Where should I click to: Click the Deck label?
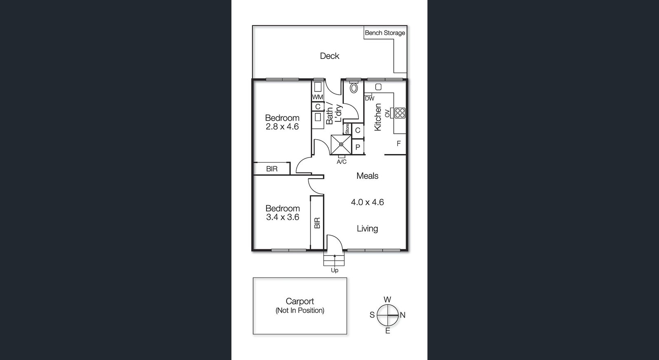pos(329,56)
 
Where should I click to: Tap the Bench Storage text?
pos(385,33)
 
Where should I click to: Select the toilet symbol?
pos(354,88)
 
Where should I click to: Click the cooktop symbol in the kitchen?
pos(400,113)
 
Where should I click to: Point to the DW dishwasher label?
pos(369,98)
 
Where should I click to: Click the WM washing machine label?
pos(318,97)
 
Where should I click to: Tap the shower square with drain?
pos(341,145)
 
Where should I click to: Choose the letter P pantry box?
pos(358,147)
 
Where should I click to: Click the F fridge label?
pos(399,143)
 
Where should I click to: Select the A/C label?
pos(341,162)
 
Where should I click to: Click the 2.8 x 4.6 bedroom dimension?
pos(282,127)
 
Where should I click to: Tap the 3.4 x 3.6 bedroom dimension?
pos(283,217)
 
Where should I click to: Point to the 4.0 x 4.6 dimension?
pos(367,202)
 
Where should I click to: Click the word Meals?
pos(367,176)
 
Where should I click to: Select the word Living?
pos(367,229)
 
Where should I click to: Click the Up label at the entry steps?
pos(334,270)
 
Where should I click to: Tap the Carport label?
pos(300,301)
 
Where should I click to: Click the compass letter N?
pos(403,315)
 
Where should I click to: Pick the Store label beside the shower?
pos(347,129)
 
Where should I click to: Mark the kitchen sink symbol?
pos(379,87)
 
